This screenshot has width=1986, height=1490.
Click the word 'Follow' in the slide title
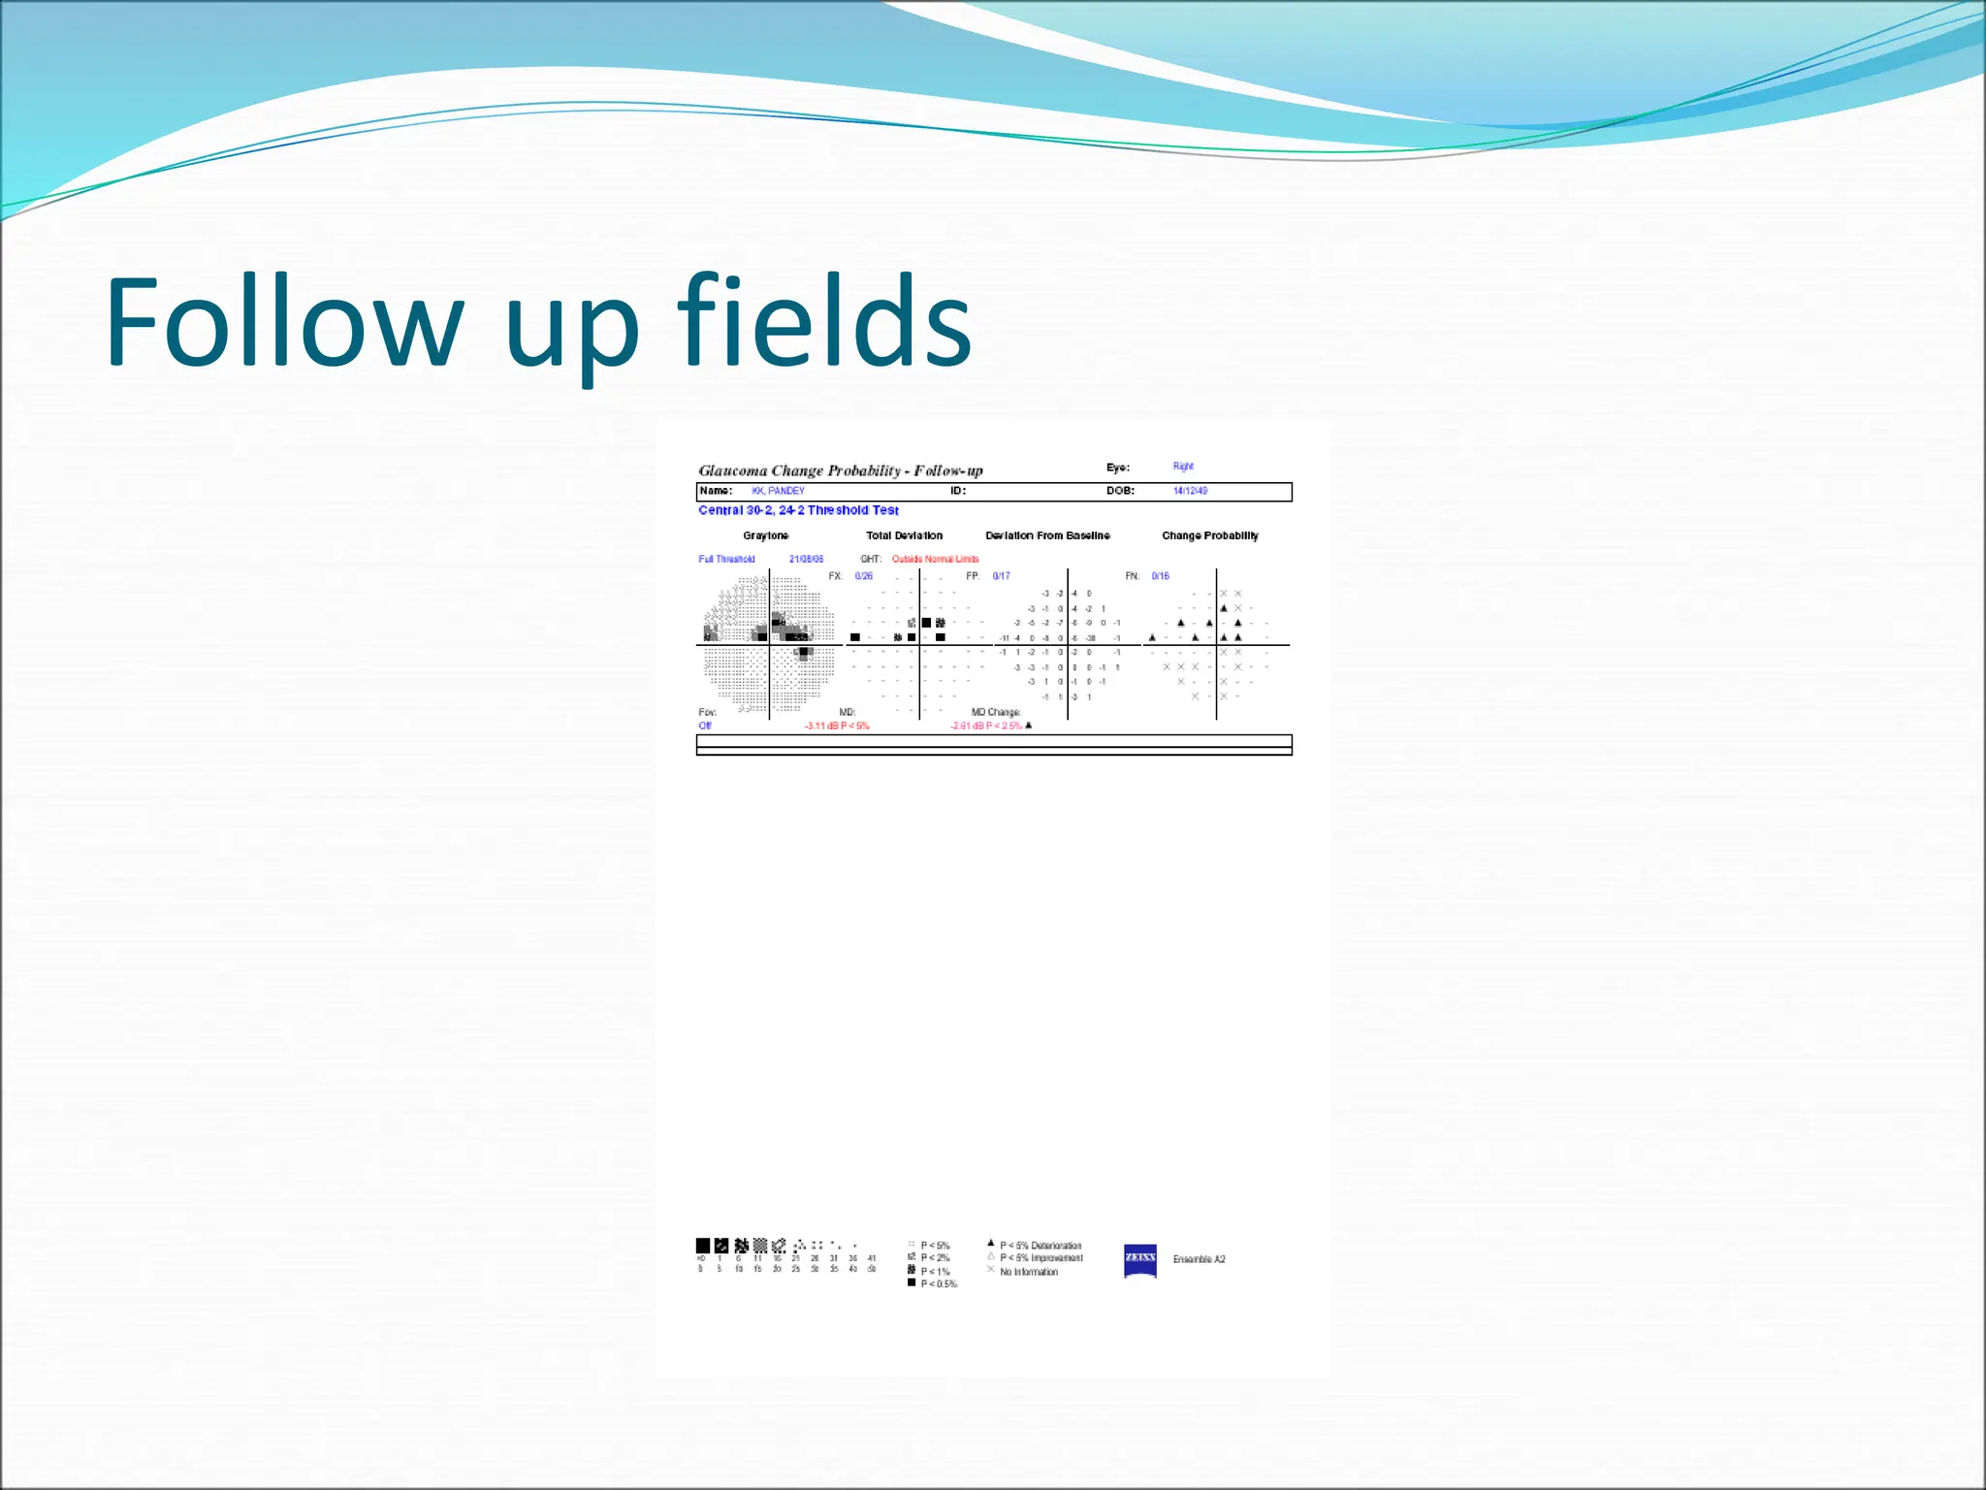pos(284,322)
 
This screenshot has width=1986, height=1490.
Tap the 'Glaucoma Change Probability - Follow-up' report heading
pos(840,470)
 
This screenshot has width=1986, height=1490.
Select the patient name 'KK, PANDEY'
pos(778,491)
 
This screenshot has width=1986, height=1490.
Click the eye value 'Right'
pos(1183,467)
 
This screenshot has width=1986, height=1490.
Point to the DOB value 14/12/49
pos(1190,491)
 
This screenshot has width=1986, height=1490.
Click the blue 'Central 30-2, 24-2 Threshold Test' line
pos(798,510)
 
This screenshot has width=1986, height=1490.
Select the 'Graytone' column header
pos(765,535)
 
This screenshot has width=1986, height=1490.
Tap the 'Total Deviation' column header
pos(904,535)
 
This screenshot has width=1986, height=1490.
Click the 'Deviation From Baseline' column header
pos(1047,535)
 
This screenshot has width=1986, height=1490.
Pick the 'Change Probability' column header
pos(1209,535)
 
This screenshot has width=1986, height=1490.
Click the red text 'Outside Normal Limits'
pos(935,559)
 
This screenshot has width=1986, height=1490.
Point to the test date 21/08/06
pos(806,559)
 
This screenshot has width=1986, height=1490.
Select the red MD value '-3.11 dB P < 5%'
pos(836,726)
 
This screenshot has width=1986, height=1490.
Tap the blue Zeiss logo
pos(1139,1259)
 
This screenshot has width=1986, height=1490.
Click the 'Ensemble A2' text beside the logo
pos(1199,1259)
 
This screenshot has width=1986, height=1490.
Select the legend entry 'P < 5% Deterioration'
pos(1040,1246)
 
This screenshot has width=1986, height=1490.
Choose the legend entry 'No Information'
pos(1028,1272)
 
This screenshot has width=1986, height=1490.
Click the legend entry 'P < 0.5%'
pos(938,1284)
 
